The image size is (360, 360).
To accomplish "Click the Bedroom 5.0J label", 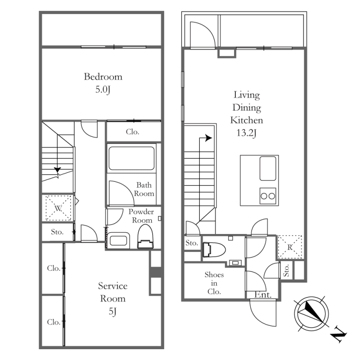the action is (103, 83).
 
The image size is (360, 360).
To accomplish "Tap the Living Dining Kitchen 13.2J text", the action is (247, 114).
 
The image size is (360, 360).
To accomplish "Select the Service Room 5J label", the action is (113, 298).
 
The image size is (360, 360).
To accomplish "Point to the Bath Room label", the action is (144, 189).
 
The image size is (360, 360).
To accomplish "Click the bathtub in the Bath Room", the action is (131, 158).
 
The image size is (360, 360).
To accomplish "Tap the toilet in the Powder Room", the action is (145, 237).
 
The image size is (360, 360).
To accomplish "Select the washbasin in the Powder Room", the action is (118, 240).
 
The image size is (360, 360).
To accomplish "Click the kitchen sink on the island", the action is (268, 168).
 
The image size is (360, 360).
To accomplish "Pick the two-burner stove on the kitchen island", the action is (268, 196).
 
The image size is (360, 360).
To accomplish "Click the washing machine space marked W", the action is (58, 208).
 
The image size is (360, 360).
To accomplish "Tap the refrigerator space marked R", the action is (290, 247).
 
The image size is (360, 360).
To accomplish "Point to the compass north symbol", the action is (311, 313).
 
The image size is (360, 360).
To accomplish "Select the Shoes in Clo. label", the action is (214, 283).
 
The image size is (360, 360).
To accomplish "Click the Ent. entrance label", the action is (263, 295).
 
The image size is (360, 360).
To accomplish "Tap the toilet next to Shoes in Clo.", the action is (214, 249).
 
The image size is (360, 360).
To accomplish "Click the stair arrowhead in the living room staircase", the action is (208, 138).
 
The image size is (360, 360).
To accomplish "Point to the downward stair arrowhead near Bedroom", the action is (58, 170).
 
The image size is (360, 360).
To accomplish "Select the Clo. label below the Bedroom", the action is (132, 131).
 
